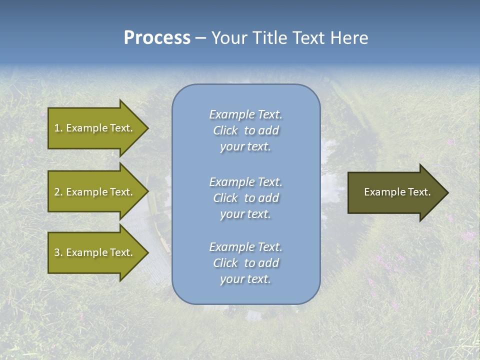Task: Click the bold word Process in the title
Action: pos(157,38)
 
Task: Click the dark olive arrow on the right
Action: pos(395,192)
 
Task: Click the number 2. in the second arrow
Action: pos(58,192)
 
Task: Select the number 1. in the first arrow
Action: pos(58,128)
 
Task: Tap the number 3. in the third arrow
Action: pos(58,252)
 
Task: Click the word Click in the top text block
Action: pos(225,131)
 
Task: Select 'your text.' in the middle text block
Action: pos(245,214)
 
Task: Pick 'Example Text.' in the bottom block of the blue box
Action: pos(245,247)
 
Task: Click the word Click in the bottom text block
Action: pos(225,263)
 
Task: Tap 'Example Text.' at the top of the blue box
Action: pos(245,114)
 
